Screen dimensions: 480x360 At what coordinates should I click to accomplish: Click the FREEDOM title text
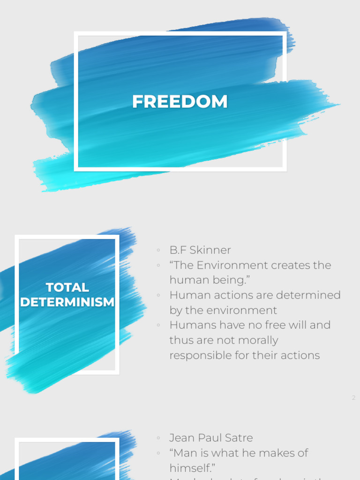coord(180,102)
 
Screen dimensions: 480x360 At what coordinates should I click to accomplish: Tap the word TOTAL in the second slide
coord(67,287)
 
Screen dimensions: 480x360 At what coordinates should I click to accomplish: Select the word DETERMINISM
coord(67,302)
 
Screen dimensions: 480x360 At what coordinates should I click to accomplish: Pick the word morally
coord(259,340)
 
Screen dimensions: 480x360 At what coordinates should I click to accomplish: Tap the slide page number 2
coord(354,398)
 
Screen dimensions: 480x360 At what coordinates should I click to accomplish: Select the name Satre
coord(239,438)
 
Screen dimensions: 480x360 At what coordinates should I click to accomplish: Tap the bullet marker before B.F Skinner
coord(159,251)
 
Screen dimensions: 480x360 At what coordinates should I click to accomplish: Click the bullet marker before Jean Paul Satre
coord(159,438)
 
